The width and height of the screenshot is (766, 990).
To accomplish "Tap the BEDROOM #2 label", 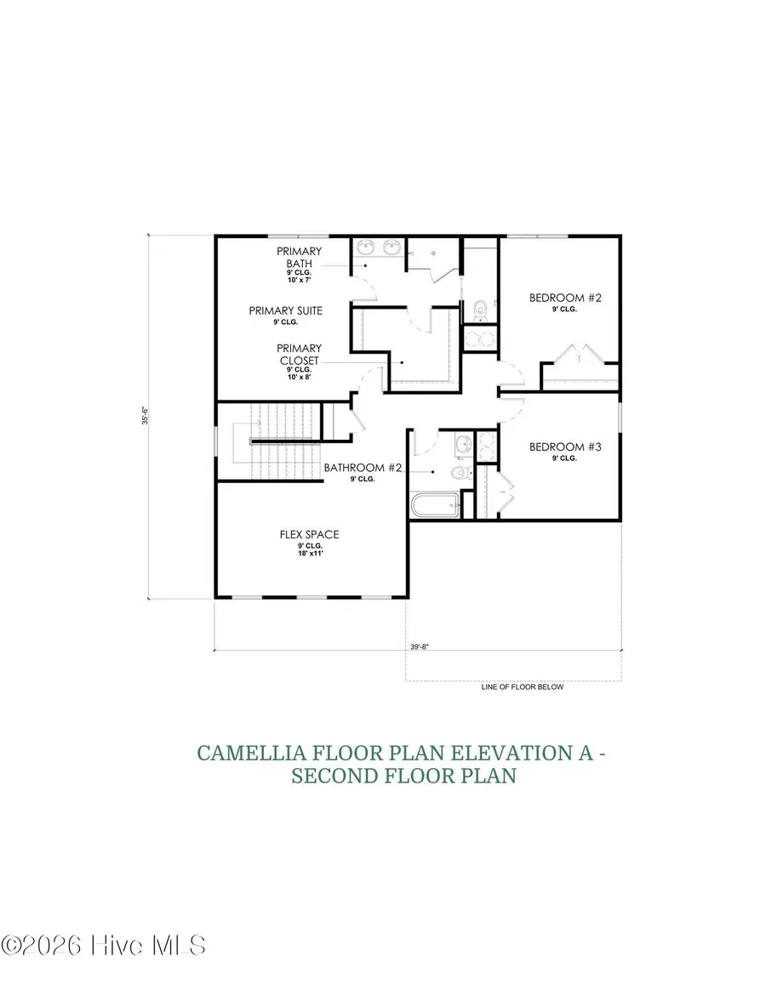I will click(565, 298).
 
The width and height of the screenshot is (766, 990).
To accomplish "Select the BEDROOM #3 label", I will click(565, 447).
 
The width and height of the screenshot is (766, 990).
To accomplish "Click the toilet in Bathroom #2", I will click(459, 474).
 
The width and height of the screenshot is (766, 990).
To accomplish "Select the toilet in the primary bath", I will click(478, 309).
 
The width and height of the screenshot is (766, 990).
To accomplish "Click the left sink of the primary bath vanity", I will click(368, 247).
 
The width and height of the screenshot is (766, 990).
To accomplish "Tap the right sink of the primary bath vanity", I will click(392, 247).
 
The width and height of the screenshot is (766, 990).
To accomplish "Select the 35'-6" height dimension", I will click(146, 418).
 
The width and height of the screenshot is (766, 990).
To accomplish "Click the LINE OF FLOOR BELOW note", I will click(522, 686).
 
